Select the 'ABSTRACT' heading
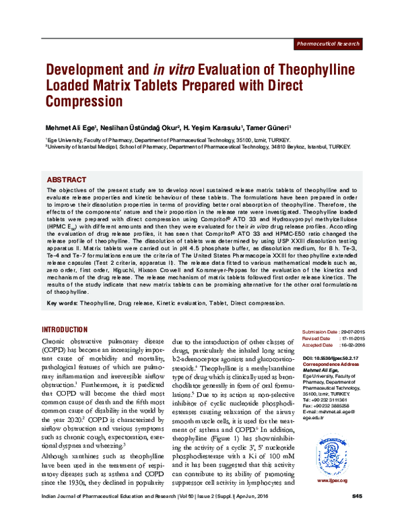(x=67, y=180)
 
